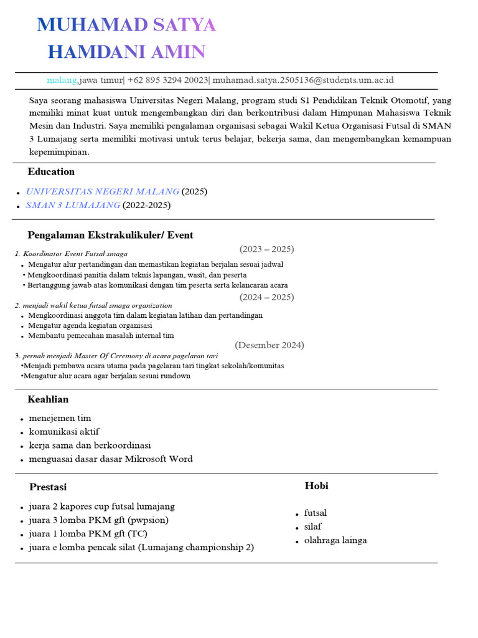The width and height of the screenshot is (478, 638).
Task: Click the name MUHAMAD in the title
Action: point(92,25)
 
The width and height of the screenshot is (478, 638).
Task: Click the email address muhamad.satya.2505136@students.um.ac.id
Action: point(303,80)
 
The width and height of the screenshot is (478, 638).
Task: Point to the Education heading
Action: point(51,171)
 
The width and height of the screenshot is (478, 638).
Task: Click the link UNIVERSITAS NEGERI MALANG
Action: point(102,191)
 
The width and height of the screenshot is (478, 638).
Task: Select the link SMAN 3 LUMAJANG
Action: point(73,205)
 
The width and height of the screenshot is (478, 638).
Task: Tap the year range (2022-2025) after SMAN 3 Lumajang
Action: point(146,205)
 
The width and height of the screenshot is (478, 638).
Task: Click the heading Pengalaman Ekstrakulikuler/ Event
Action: point(110,235)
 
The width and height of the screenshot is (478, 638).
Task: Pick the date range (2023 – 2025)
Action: point(266,249)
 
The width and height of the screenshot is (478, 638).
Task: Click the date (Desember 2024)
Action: point(269,345)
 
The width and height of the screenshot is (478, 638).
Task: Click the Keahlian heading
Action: point(48,399)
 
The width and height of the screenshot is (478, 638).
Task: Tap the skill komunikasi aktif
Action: point(63,432)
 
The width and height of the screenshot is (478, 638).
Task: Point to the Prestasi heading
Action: point(48,487)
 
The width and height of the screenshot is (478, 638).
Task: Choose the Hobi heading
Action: point(316,486)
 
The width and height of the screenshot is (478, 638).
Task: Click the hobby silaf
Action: point(313,526)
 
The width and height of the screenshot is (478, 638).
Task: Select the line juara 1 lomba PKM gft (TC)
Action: point(88,534)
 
